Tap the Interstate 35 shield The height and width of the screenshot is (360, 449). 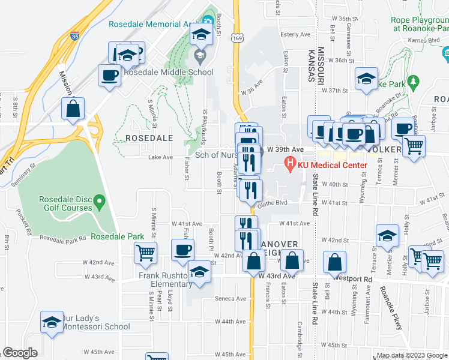coord(75,36)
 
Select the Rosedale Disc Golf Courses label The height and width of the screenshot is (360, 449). coord(65,203)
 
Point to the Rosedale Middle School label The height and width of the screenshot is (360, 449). coord(169,73)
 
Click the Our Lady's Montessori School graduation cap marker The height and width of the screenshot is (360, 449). coord(52,322)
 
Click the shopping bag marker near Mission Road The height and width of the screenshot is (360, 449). coord(73,109)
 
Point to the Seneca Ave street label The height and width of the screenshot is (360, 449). coord(231,298)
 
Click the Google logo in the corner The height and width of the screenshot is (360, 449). coord(20,353)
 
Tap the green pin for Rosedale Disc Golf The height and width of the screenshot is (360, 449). coord(100,199)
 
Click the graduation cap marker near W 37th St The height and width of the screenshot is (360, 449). coord(366,79)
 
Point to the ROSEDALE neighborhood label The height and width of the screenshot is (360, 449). coord(149,138)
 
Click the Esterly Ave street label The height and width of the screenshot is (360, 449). coord(294,35)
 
